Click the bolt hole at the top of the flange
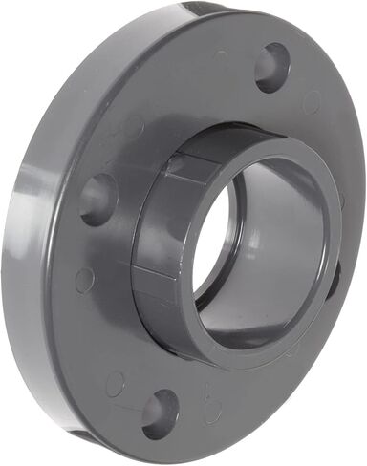click(272, 67)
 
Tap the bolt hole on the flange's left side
click(98, 199)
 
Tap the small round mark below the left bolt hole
click(85, 280)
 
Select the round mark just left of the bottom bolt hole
click(116, 384)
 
